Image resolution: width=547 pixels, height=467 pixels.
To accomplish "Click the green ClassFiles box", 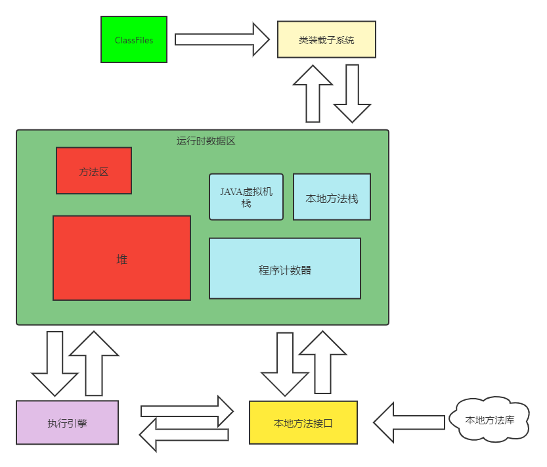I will pyautogui.click(x=134, y=39).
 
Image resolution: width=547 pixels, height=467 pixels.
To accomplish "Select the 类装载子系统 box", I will pyautogui.click(x=326, y=39).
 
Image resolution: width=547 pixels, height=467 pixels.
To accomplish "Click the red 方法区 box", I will pyautogui.click(x=94, y=171).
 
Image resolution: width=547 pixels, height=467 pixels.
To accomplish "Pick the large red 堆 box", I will pyautogui.click(x=121, y=258).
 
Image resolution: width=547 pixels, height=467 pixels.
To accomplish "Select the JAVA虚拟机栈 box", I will pyautogui.click(x=246, y=196).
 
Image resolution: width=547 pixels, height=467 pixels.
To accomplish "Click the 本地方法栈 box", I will pyautogui.click(x=332, y=196).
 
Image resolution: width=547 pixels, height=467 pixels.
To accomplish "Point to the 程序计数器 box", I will pyautogui.click(x=285, y=269).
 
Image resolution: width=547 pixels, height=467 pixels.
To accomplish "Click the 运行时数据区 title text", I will pyautogui.click(x=206, y=141).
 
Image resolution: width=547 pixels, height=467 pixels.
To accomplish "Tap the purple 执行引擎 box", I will pyautogui.click(x=67, y=422).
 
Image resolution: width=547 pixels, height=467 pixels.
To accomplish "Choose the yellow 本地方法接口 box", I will pyautogui.click(x=303, y=422).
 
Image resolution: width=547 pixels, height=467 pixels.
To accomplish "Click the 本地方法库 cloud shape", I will pyautogui.click(x=490, y=419).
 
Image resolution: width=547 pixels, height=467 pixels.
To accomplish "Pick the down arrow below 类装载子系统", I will pyautogui.click(x=353, y=93).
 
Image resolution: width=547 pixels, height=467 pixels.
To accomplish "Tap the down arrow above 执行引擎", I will pyautogui.click(x=55, y=363).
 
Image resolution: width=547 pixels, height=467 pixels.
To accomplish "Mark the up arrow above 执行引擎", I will pyautogui.click(x=94, y=363).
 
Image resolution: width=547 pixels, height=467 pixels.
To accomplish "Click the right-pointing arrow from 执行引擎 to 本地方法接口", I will pyautogui.click(x=187, y=411).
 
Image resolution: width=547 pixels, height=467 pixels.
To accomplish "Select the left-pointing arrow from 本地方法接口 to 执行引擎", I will pyautogui.click(x=184, y=435).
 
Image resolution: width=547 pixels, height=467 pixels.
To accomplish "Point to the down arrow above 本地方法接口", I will pyautogui.click(x=284, y=363).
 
